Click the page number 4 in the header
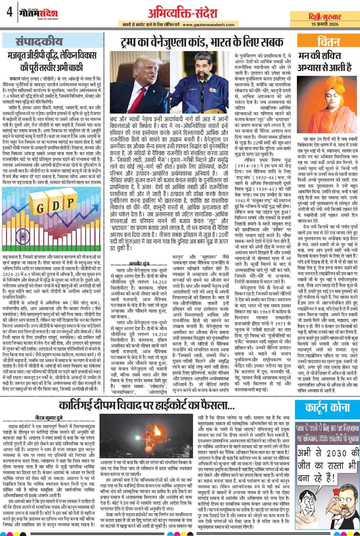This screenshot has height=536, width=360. (9, 13)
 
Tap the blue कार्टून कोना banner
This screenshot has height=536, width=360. (327, 408)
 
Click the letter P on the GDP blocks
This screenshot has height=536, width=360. (70, 202)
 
